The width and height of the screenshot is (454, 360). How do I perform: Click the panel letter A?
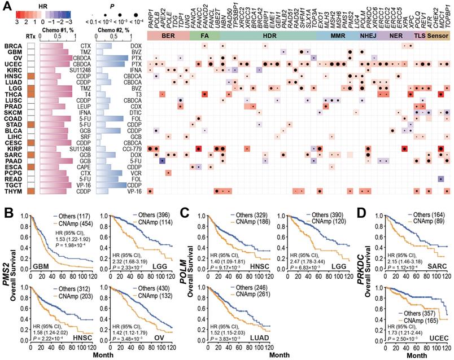(x=6, y=6)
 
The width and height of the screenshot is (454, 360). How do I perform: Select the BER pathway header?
(x=167, y=36)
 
